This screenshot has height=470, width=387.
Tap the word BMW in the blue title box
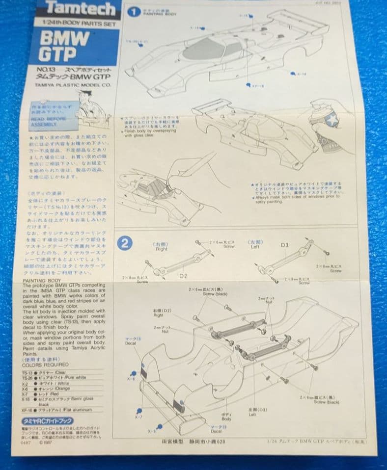point(64,39)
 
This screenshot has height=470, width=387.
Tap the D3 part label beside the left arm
point(285,244)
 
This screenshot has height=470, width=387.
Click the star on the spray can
point(332,119)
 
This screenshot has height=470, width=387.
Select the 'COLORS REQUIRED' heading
point(46,365)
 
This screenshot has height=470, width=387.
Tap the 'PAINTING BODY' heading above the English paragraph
point(42,280)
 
